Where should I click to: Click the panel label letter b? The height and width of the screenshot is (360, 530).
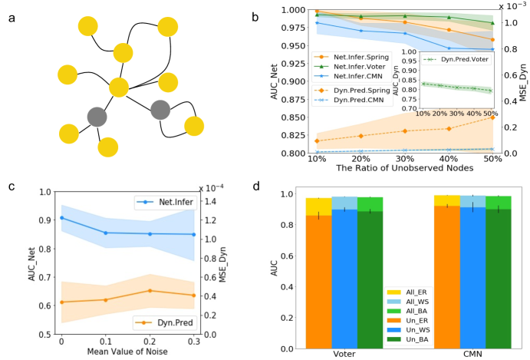point(265,15)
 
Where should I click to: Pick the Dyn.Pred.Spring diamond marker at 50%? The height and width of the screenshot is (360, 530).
point(492,117)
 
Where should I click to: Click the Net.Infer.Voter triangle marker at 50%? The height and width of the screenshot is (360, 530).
point(492,22)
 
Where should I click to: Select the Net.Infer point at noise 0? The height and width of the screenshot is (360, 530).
point(61,218)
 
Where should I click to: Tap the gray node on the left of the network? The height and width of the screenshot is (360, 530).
point(97,117)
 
